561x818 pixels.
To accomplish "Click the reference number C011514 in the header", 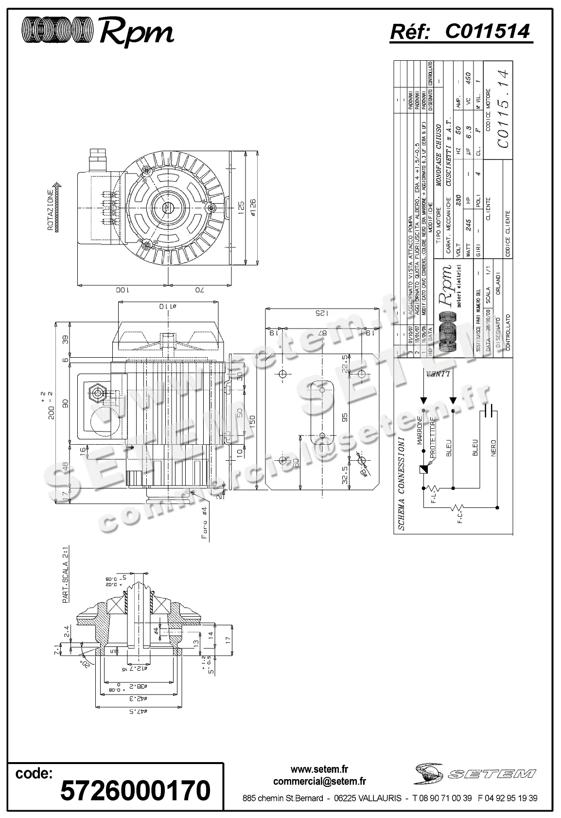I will [x=487, y=32].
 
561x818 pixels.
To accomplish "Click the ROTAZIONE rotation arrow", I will [x=57, y=206].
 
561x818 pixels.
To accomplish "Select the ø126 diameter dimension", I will [x=254, y=209].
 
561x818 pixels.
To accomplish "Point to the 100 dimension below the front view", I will [x=122, y=290].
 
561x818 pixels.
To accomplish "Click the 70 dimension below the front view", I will [x=199, y=290].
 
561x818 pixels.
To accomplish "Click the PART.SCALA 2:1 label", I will [x=66, y=580].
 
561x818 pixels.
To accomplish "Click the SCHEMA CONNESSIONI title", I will [x=401, y=484].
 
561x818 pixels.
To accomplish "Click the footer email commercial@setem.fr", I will [x=319, y=782].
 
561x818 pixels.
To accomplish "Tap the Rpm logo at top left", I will [x=97, y=32].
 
